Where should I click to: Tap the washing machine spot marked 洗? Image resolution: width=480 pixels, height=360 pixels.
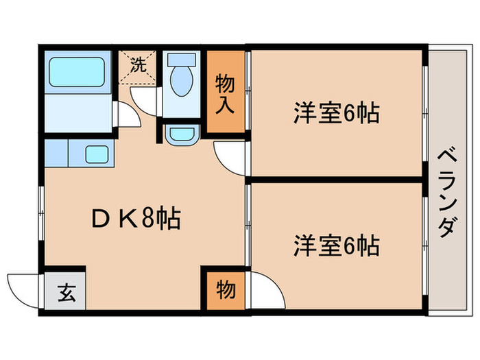(139, 67)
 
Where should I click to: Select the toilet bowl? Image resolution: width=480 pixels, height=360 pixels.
(180, 82)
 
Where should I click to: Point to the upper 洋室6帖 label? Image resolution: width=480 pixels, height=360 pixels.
(337, 112)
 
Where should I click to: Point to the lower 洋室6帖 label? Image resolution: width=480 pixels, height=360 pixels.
(337, 245)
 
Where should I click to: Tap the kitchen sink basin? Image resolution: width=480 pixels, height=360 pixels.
(98, 153)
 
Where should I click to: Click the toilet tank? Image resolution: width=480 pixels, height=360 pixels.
(181, 60)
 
